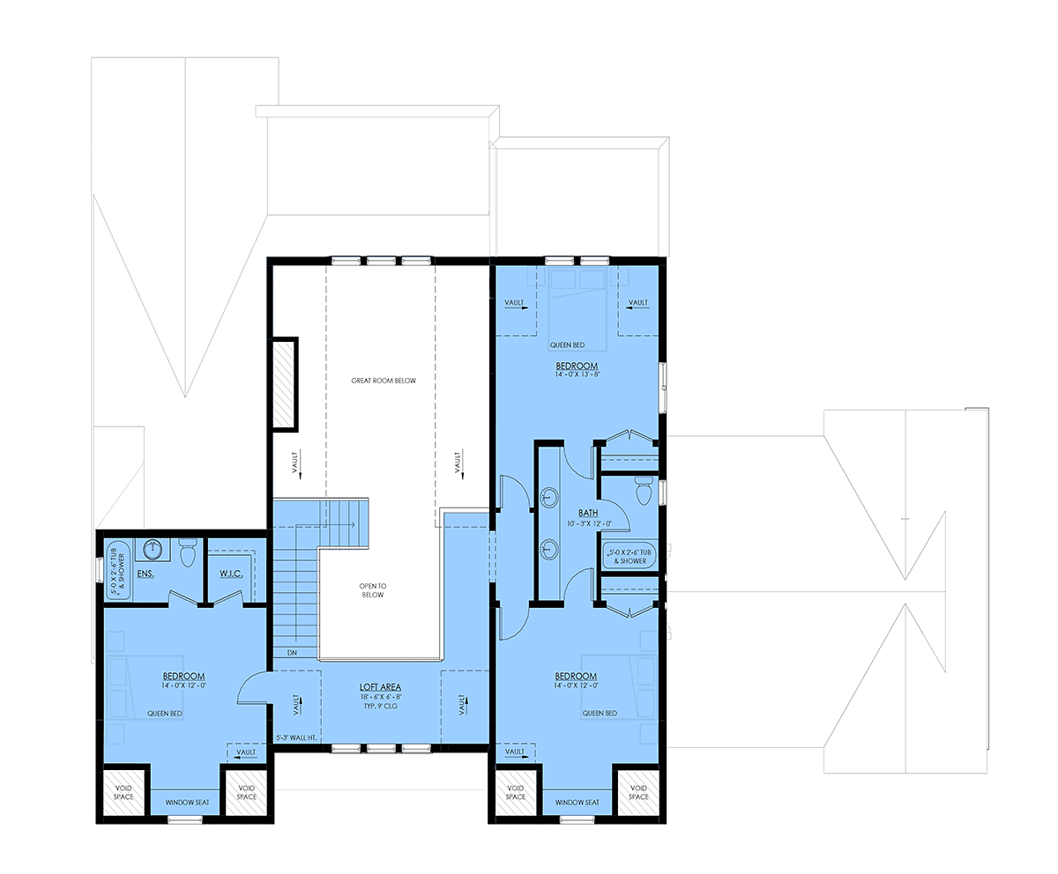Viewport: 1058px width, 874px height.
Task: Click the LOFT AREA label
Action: pos(380,687)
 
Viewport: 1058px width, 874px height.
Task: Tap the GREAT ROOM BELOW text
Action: pos(384,381)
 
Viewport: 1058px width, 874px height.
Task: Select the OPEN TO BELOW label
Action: pos(372,590)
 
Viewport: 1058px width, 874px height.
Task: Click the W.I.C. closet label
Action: pos(231,574)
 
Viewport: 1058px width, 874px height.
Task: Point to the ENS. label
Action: pos(145,574)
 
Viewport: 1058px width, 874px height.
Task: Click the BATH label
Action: pos(588,513)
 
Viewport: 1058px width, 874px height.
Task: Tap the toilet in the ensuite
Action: pos(188,553)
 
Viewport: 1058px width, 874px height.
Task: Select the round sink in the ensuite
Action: pos(152,548)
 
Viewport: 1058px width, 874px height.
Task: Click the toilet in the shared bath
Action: pos(644,491)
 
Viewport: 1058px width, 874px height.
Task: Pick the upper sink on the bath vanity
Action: pos(549,497)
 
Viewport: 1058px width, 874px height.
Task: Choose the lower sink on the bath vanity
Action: pos(549,550)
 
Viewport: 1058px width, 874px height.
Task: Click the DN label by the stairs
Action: pos(292,653)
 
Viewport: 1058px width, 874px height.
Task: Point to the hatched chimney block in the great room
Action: pos(284,384)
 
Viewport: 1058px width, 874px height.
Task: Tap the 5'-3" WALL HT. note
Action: pos(296,737)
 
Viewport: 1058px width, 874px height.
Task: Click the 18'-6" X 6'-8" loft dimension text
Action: pos(380,697)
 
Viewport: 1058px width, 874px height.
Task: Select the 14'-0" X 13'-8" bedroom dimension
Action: pos(577,374)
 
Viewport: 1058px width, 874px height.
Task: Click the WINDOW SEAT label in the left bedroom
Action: pos(187,803)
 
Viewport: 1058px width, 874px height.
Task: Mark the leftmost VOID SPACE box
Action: pos(123,792)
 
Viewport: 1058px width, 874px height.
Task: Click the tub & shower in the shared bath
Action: pos(630,557)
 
